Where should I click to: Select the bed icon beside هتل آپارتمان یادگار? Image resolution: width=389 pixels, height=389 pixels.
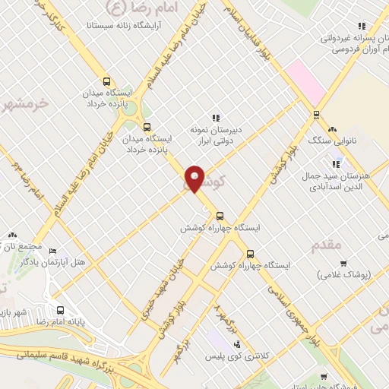coord(52,251)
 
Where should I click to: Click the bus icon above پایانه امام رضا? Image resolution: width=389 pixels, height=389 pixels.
coord(61,310)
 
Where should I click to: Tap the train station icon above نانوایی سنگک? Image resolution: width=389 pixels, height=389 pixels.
coord(316,115)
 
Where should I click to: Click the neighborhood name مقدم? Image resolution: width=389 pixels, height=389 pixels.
coord(327,245)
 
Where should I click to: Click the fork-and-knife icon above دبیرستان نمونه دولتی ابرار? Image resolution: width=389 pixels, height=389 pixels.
coord(216,118)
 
